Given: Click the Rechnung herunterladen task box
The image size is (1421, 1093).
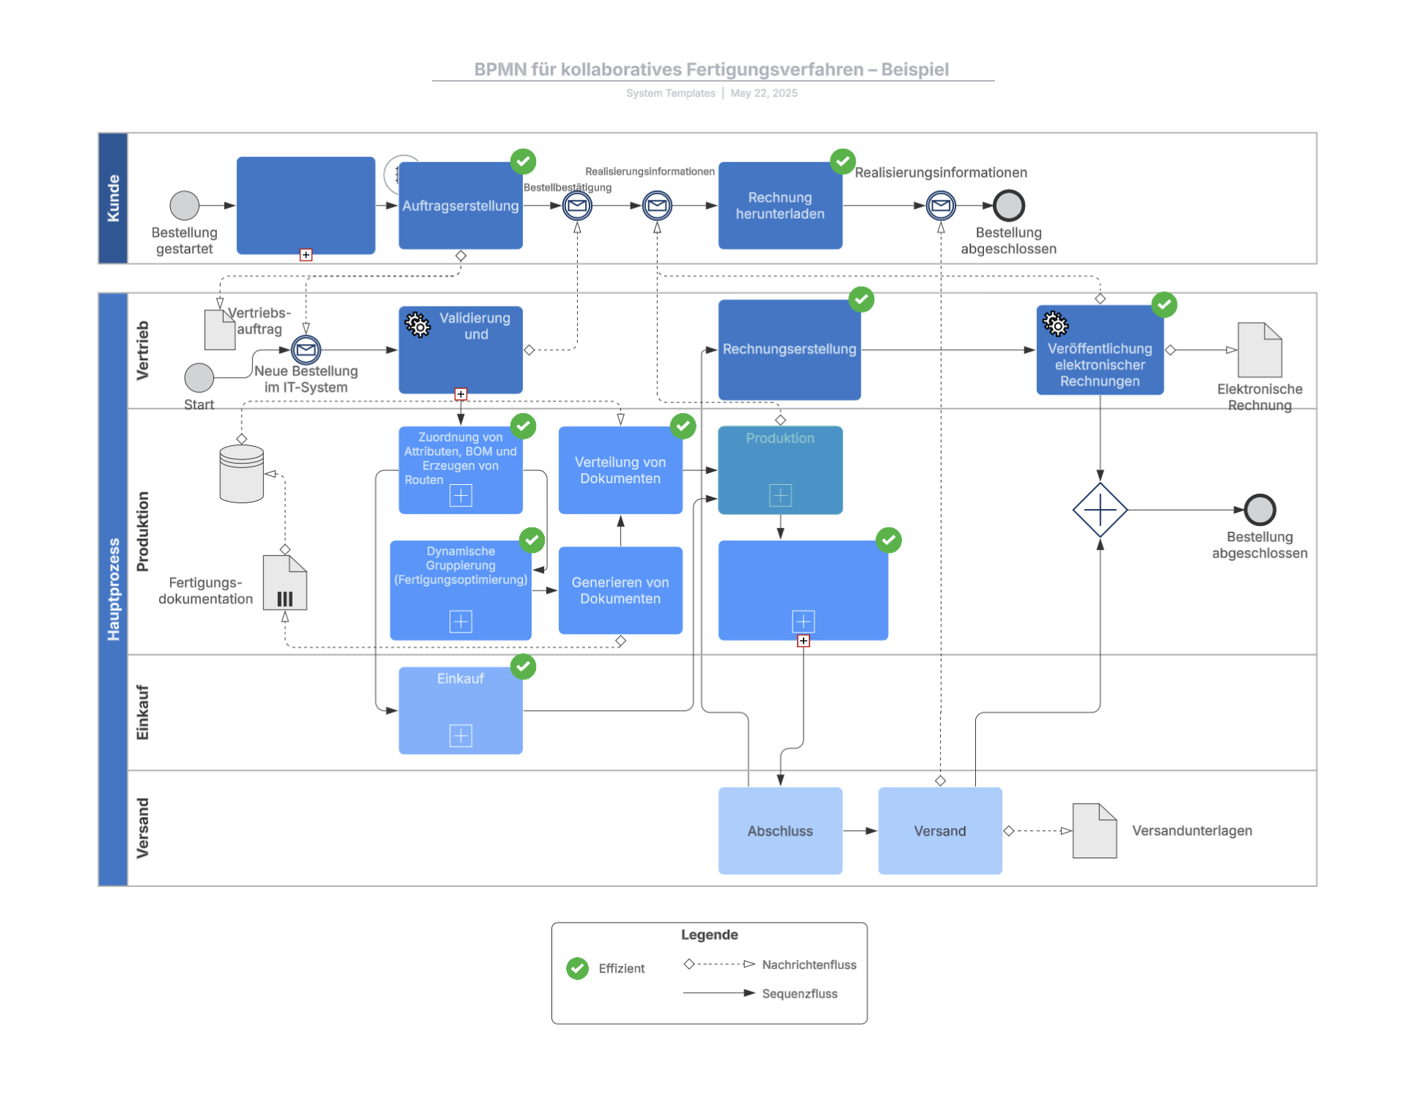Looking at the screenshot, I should coord(779,205).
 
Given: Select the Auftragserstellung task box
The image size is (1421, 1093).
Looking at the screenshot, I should coord(460,206).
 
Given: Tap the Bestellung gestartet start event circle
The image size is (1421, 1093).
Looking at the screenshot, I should coord(184,205).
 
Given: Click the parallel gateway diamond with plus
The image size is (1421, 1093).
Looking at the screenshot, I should coord(1099,509).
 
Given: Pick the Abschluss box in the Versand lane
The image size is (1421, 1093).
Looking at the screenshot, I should coord(779,830).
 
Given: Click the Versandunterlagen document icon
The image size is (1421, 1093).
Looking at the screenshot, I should coord(1094,830).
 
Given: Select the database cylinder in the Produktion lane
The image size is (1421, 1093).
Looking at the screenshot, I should coord(241,474).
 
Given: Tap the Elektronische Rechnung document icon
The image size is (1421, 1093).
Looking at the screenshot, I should coord(1259,350).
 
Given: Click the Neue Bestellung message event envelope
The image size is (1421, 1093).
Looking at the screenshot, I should coord(306,350).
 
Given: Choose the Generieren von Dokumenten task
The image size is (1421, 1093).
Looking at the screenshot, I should coord(620,590).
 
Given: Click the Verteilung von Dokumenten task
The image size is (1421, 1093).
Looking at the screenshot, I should coord(620,470).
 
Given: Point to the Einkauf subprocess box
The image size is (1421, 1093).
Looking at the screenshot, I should coord(460,710).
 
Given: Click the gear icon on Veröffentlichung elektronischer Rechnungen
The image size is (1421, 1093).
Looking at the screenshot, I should coord(1055,323).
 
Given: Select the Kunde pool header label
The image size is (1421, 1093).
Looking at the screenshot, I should coord(113,198).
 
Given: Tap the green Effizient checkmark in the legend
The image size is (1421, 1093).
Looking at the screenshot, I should coord(577,968).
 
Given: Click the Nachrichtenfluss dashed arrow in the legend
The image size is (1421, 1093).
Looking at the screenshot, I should coord(719,964).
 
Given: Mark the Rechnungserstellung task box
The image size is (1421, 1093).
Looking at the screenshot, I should coord(789,349).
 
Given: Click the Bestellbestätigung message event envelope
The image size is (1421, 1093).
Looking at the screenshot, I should coord(577,205).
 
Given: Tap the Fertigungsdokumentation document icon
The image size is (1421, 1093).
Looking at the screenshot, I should coord(284,583).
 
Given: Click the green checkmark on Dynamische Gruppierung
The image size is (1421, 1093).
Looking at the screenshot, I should coord(532,540).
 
